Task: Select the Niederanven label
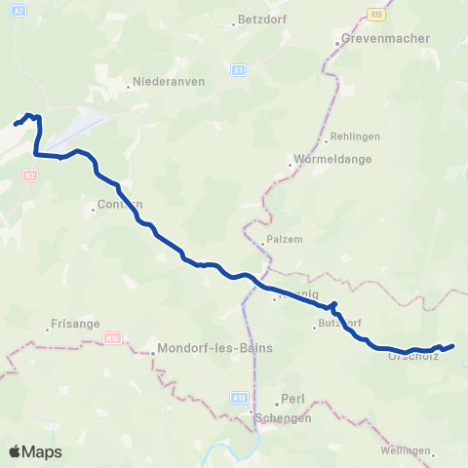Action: [x=168, y=82]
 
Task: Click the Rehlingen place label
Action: [x=355, y=136]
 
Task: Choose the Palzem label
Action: [x=284, y=237]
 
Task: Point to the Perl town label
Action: [x=292, y=399]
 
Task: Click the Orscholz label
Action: [x=412, y=356]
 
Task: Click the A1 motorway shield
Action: [x=239, y=70]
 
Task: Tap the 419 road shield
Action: [x=376, y=14]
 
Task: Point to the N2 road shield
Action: [x=30, y=175]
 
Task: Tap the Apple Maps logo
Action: [x=35, y=451]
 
